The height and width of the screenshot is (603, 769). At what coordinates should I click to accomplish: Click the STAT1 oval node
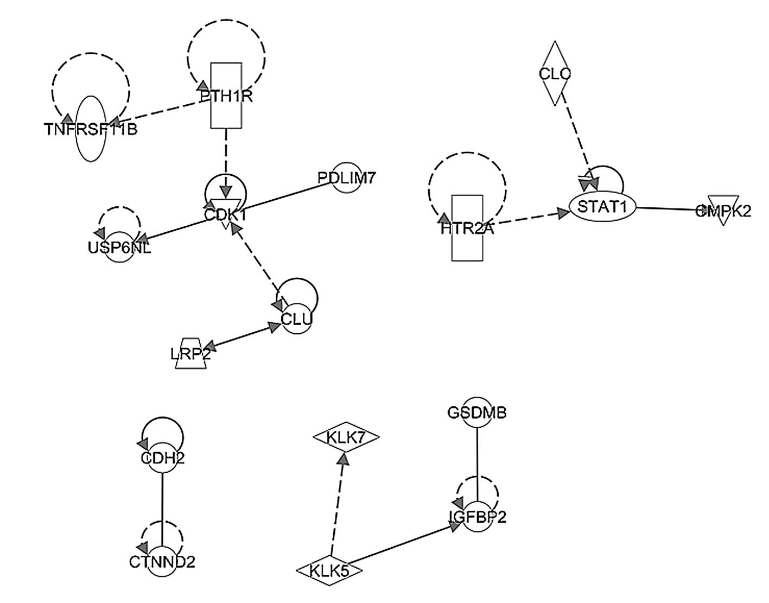click(602, 207)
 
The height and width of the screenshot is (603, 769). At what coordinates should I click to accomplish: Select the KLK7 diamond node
click(346, 436)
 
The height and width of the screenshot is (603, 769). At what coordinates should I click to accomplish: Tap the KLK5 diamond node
click(329, 570)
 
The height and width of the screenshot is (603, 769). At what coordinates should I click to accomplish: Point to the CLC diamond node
click(555, 73)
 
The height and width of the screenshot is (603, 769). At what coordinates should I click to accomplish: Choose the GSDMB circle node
click(476, 412)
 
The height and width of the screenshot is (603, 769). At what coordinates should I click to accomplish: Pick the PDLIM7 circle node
click(346, 177)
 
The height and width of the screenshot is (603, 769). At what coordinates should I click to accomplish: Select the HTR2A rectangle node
click(467, 228)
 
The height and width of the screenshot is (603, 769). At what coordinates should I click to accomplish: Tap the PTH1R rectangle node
click(226, 96)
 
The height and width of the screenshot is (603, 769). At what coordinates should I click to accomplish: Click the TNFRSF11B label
click(91, 130)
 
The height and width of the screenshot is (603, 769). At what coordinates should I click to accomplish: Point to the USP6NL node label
click(119, 248)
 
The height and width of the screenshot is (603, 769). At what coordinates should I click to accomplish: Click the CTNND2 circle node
click(162, 562)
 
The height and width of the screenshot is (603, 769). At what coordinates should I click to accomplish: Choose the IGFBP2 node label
click(477, 517)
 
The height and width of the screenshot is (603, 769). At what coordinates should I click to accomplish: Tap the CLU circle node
click(296, 319)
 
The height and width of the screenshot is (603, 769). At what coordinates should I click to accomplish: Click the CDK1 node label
click(225, 215)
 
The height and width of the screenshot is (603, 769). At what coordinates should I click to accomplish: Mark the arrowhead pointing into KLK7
click(343, 459)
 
